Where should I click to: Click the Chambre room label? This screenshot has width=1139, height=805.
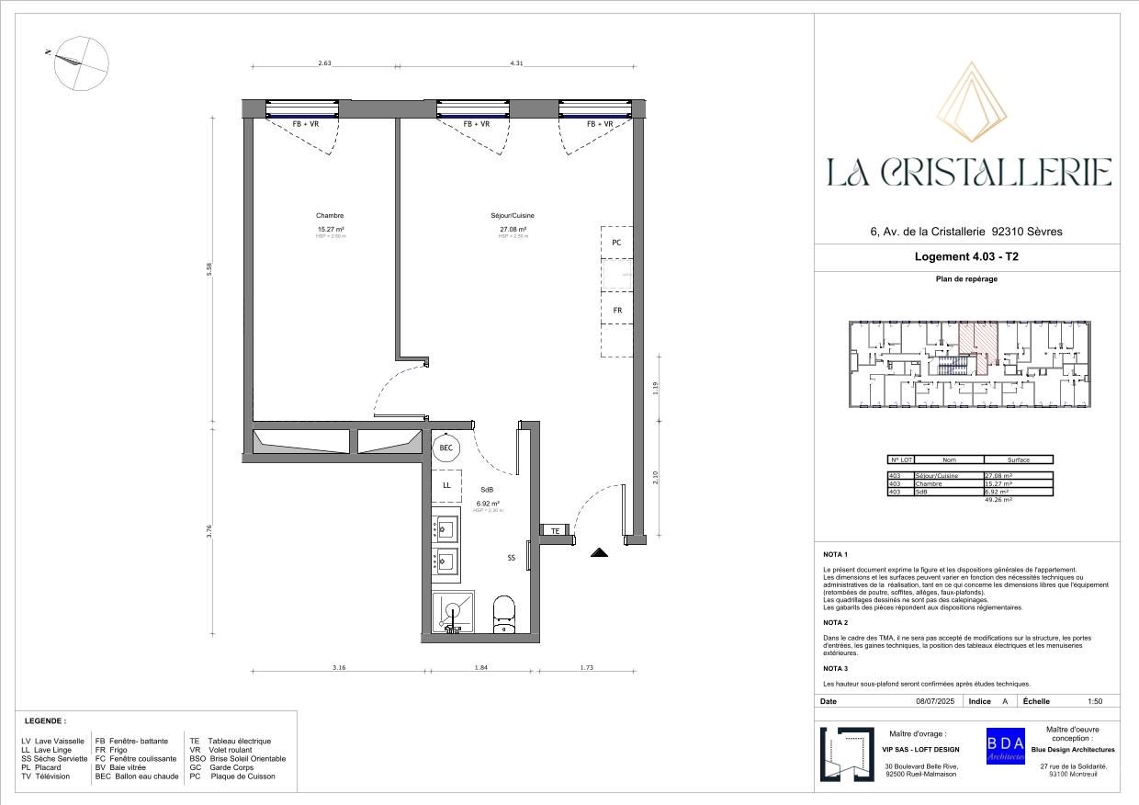(x=330, y=216)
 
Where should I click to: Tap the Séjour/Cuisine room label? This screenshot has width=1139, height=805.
(x=512, y=216)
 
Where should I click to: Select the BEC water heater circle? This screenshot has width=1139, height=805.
(x=446, y=448)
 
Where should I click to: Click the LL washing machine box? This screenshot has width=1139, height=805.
(x=446, y=485)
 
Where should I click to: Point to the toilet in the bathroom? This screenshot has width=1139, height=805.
(x=504, y=613)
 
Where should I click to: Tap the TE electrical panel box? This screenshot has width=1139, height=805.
(x=555, y=531)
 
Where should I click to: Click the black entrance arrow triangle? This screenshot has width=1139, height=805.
(x=599, y=553)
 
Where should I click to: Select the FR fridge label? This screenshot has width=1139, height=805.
(x=617, y=311)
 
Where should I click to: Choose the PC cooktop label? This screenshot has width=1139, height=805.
(x=617, y=243)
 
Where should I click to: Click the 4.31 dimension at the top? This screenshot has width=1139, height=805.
(x=516, y=63)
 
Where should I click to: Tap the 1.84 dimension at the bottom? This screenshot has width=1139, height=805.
(x=480, y=668)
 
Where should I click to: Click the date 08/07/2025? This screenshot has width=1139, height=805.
(x=935, y=701)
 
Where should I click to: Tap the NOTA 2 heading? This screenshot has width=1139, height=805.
(x=835, y=622)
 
